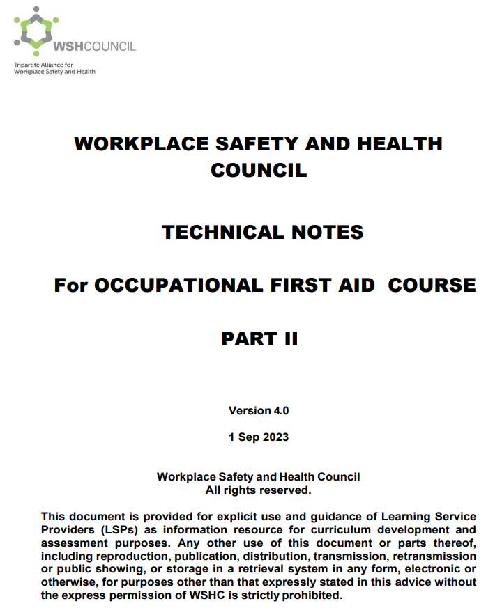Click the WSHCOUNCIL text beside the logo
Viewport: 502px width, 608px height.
pyautogui.click(x=94, y=47)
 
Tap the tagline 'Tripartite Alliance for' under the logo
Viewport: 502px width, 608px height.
pyautogui.click(x=43, y=65)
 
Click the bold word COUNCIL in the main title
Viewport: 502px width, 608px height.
pyautogui.click(x=259, y=170)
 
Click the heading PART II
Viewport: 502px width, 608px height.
pyautogui.click(x=259, y=339)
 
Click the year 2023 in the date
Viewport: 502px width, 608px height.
pyautogui.click(x=274, y=437)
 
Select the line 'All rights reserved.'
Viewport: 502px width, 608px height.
pyautogui.click(x=258, y=490)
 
